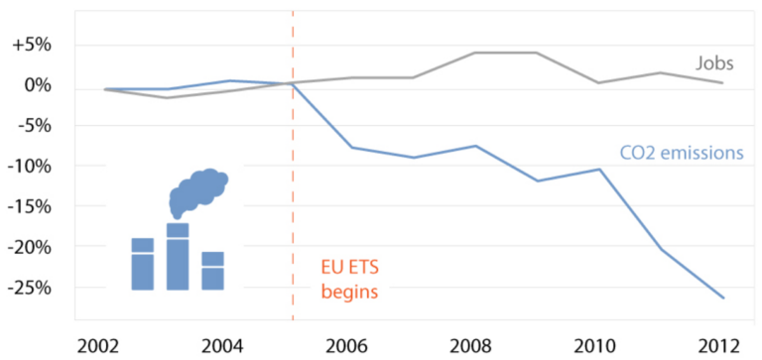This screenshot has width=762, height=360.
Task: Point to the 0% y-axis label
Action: coord(38,85)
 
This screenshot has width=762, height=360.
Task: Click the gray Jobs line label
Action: coord(712,63)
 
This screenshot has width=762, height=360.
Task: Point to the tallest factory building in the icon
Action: coord(178,257)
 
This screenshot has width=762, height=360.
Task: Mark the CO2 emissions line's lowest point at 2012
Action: coord(722,298)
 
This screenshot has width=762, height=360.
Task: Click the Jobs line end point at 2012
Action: coord(722,82)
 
